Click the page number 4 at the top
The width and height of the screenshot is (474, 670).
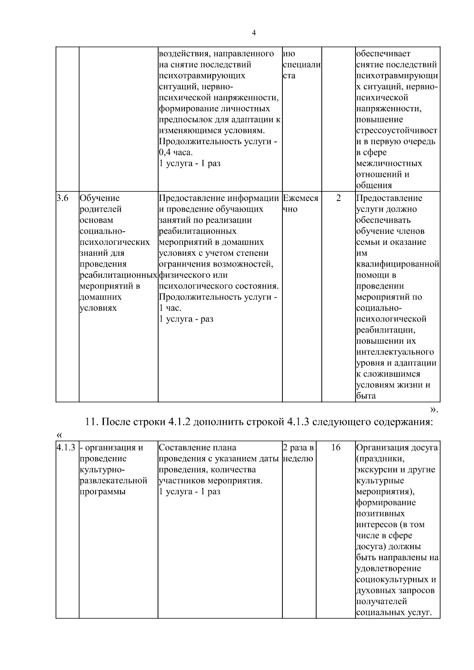pos(254,33)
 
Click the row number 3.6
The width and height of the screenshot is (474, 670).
pos(62,198)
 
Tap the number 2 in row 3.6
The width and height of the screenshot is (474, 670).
pos(338,198)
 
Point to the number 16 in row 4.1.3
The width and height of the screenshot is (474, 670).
pos(336,448)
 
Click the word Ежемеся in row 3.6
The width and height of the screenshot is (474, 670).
pos(301,198)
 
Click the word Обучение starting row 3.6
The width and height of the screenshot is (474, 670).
pos(100,198)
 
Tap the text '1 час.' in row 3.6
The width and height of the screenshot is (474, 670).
pos(170,308)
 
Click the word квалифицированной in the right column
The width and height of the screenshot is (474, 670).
pos(397,264)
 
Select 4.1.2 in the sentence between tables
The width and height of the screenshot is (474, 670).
pos(179,422)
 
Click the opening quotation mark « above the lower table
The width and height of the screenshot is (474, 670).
pos(59,435)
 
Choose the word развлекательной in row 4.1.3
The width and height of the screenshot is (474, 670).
pos(113,480)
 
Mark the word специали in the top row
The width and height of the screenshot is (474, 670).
pos(301,64)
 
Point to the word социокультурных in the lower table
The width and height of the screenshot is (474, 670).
pos(392,580)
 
